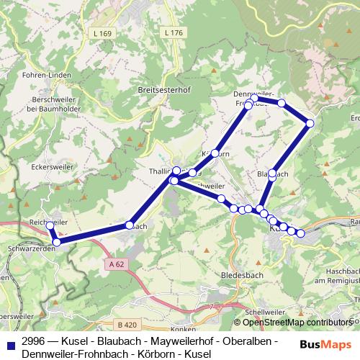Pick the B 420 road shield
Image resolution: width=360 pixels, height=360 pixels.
coord(128,324)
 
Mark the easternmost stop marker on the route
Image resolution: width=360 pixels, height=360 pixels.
coord(310,123)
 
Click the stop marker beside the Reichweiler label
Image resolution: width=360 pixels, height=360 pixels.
coord(50,225)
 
